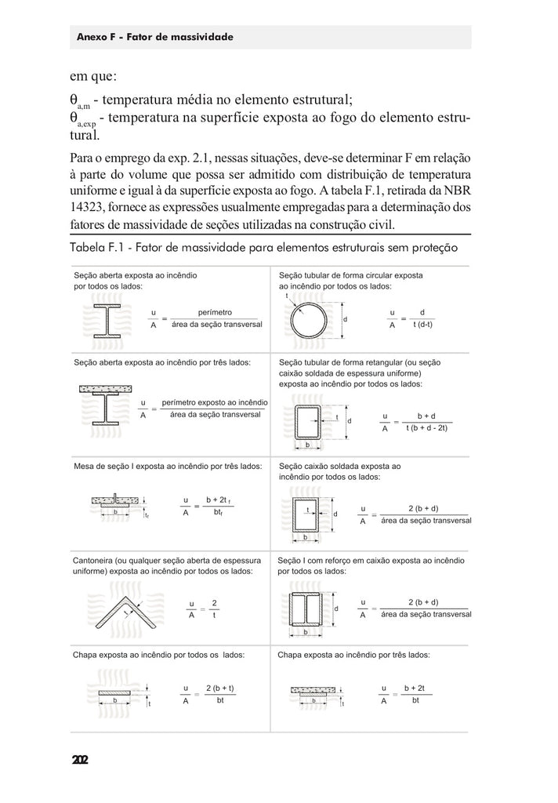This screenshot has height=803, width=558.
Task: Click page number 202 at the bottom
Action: (x=80, y=759)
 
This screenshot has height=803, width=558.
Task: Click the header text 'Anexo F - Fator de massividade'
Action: (x=155, y=37)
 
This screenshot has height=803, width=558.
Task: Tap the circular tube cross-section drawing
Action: (x=308, y=321)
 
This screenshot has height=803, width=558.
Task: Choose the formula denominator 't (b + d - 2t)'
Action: (x=426, y=427)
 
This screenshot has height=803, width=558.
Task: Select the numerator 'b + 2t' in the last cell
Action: (x=415, y=688)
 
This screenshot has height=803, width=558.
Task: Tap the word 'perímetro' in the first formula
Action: (x=216, y=313)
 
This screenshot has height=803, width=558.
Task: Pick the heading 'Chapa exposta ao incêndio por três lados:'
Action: (x=353, y=653)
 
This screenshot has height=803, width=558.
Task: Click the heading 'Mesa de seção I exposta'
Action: (x=168, y=466)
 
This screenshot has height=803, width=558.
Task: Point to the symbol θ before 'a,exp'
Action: (x=73, y=118)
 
